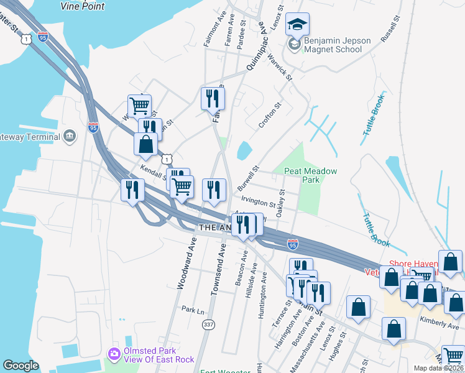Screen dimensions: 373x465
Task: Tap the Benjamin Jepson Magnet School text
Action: [x=338, y=45]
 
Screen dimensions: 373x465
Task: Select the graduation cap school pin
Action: [x=297, y=24]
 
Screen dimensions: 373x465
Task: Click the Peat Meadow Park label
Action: [x=310, y=175]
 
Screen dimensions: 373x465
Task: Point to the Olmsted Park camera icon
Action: [x=114, y=354]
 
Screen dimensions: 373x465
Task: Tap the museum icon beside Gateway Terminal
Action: [x=70, y=136]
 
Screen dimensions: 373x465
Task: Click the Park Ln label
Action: [x=193, y=309]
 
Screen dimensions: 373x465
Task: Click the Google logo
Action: [x=21, y=366]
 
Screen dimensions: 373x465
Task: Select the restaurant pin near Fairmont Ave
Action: [x=213, y=98]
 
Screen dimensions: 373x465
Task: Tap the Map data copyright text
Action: [x=438, y=368]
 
